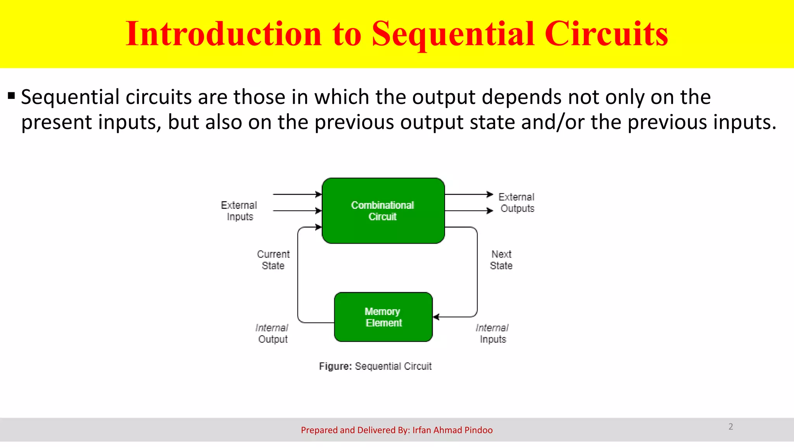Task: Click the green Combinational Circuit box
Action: [383, 211]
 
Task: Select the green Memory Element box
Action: [383, 317]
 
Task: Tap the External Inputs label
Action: [239, 211]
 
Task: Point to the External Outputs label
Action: [516, 203]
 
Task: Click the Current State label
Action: [273, 260]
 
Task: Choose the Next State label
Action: [501, 260]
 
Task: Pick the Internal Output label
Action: [272, 333]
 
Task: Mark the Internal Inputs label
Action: [492, 333]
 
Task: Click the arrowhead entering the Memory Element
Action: [436, 317]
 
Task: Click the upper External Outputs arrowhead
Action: [490, 194]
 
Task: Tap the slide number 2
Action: [730, 426]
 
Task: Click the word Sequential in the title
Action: [452, 34]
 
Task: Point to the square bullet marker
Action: [11, 95]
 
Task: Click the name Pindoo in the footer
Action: [478, 430]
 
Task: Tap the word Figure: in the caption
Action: [335, 366]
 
